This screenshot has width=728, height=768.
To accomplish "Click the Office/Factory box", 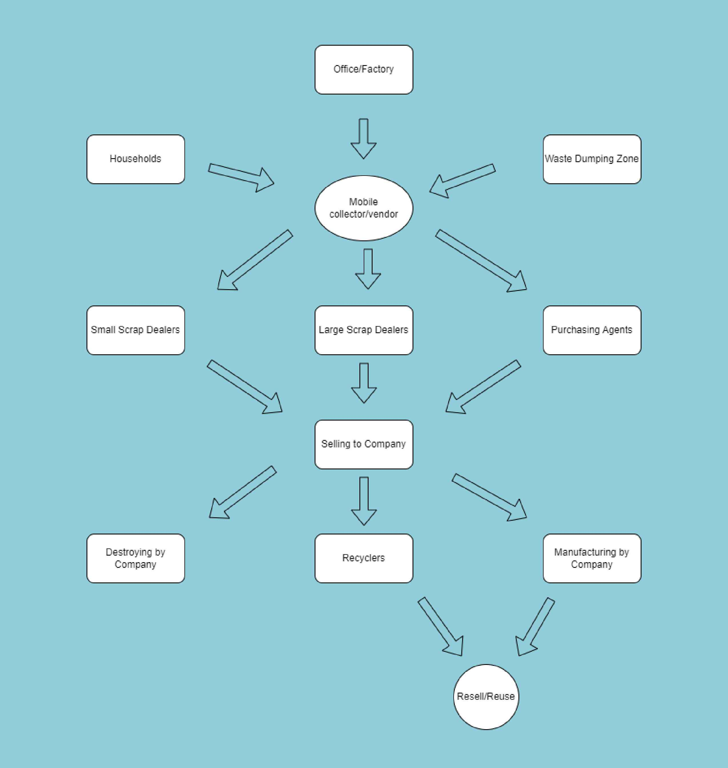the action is (x=364, y=69).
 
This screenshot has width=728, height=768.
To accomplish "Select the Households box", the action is (x=135, y=159).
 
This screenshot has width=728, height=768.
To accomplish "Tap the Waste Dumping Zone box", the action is (x=592, y=159).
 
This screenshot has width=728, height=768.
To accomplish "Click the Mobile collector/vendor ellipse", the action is (x=364, y=208).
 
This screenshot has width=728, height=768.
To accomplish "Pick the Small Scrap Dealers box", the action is (x=135, y=330).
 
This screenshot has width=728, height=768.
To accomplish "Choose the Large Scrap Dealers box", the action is (x=364, y=330).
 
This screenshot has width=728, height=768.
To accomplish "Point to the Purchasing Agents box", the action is (x=592, y=330).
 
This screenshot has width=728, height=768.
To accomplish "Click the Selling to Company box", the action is (x=364, y=444).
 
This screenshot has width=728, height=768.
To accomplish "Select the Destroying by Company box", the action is (x=135, y=558).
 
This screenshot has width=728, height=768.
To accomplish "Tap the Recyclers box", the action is (x=364, y=558).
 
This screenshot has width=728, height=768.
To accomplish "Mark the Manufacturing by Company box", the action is (x=592, y=558).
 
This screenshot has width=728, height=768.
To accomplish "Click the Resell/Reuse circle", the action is (x=486, y=697).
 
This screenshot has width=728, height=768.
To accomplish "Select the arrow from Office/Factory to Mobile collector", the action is (x=364, y=138).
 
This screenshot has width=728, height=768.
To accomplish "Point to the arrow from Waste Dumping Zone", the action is (x=462, y=180).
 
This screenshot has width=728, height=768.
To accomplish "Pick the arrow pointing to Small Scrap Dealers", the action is (x=255, y=260).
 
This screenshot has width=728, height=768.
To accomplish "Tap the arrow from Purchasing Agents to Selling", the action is (x=483, y=387).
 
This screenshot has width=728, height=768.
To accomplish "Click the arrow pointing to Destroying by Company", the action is (x=243, y=492).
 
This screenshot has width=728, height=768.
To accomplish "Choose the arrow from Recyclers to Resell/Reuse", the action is (x=441, y=627).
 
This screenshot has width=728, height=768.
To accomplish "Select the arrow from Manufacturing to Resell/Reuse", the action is (x=535, y=627).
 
